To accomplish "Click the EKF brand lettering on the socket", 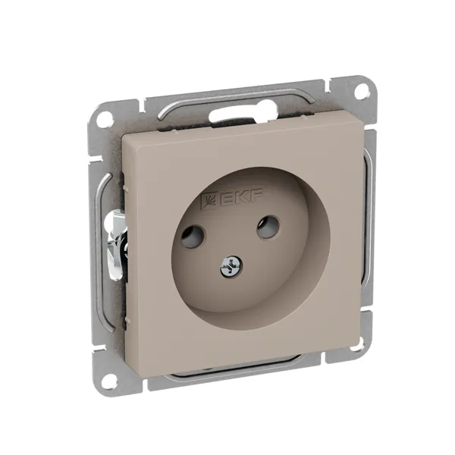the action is [241, 198].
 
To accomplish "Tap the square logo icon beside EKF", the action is [210, 201].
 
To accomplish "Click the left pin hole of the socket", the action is [192, 237].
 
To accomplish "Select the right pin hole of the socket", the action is [268, 227].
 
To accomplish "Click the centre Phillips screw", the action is [231, 266].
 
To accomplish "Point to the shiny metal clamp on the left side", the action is [115, 243].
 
